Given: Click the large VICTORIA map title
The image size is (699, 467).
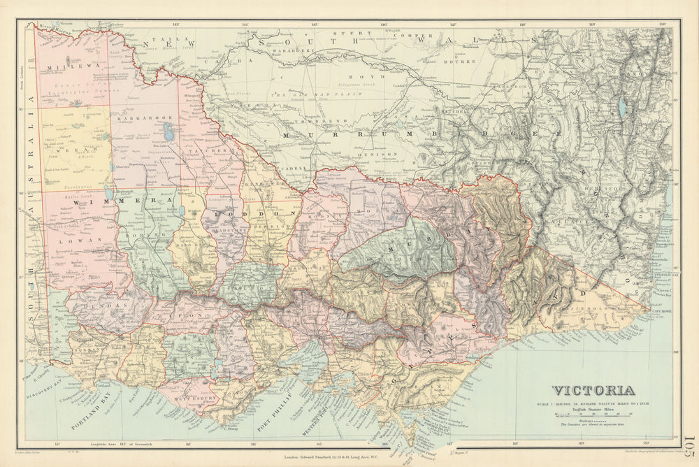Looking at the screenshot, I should tap(593, 391).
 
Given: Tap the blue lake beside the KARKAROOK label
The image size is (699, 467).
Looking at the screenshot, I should tap(167, 131).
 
